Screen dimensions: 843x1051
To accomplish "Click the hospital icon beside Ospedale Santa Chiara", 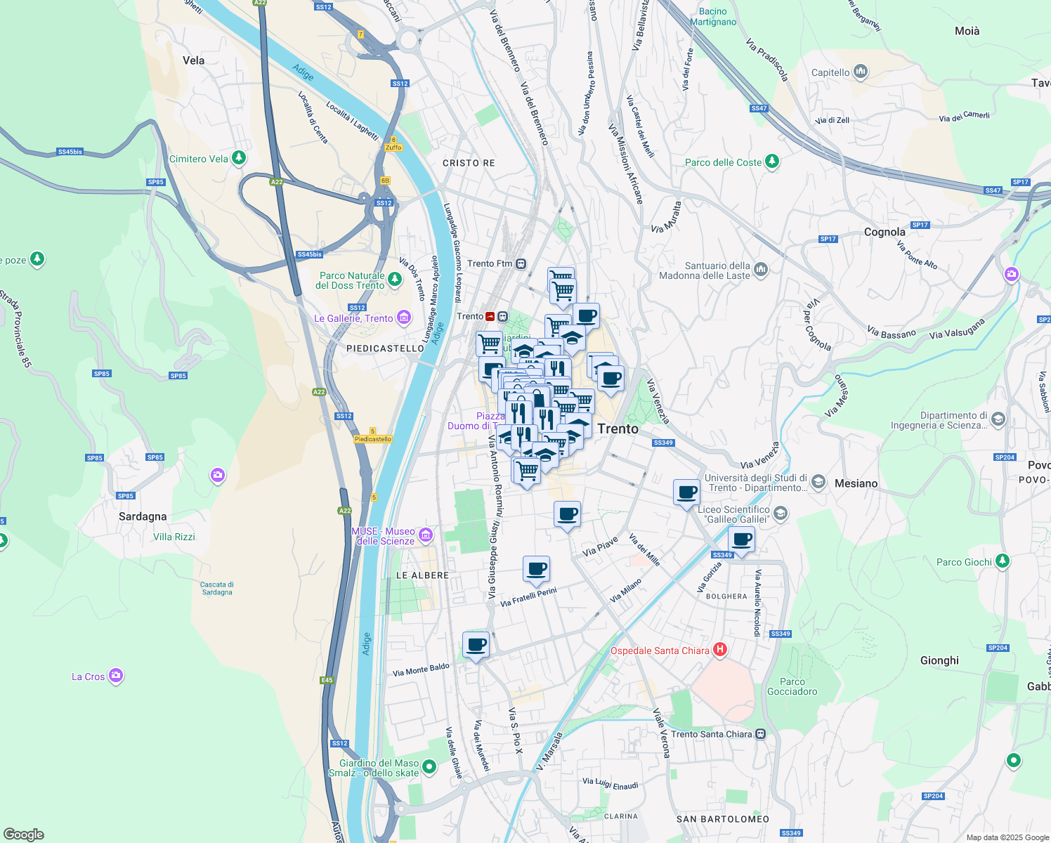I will click(x=719, y=650).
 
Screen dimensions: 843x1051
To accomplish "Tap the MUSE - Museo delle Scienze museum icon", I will click(x=425, y=536).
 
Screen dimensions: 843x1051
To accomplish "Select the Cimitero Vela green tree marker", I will click(x=239, y=158).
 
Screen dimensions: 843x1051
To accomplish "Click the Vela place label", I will click(x=193, y=60).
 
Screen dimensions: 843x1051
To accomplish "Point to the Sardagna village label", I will click(x=143, y=516).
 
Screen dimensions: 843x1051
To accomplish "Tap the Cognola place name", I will click(x=884, y=232).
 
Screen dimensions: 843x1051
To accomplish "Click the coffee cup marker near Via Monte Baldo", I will click(x=476, y=644).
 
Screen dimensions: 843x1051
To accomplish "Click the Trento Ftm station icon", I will click(x=521, y=263).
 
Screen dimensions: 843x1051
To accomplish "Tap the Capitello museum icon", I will click(x=861, y=72).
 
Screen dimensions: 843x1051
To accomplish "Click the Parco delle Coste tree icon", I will click(x=772, y=162).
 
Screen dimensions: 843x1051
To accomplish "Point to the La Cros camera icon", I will click(x=116, y=676).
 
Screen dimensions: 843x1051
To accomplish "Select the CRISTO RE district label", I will click(x=469, y=163).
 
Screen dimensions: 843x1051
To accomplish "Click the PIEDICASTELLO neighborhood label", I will click(x=385, y=348).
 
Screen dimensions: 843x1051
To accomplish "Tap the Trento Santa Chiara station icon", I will click(x=760, y=734).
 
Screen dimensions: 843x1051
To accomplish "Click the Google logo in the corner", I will click(x=23, y=834).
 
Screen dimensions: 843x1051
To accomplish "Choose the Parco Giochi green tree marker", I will click(x=1003, y=561).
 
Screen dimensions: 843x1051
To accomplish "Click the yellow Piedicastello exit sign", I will click(x=372, y=439).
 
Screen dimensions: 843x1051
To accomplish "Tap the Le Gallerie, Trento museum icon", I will click(x=404, y=318).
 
